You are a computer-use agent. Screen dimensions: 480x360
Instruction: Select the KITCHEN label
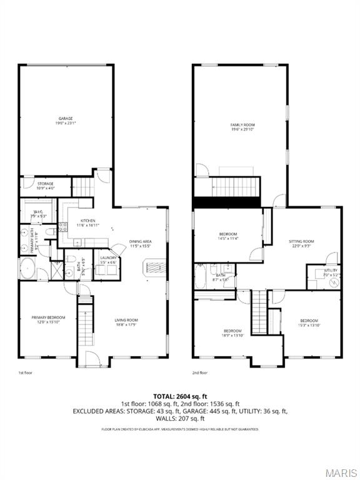pyautogui.click(x=87, y=223)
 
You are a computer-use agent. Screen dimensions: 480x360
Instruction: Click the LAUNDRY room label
pyautogui.click(x=107, y=259)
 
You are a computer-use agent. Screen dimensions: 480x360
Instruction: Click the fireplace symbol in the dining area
pyautogui.click(x=154, y=268)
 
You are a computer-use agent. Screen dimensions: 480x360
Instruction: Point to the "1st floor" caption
pyautogui.click(x=25, y=372)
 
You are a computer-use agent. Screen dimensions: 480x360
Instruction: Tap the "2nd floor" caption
pyautogui.click(x=200, y=372)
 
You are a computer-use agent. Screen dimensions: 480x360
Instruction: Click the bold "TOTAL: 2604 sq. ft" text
pyautogui.click(x=179, y=396)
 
